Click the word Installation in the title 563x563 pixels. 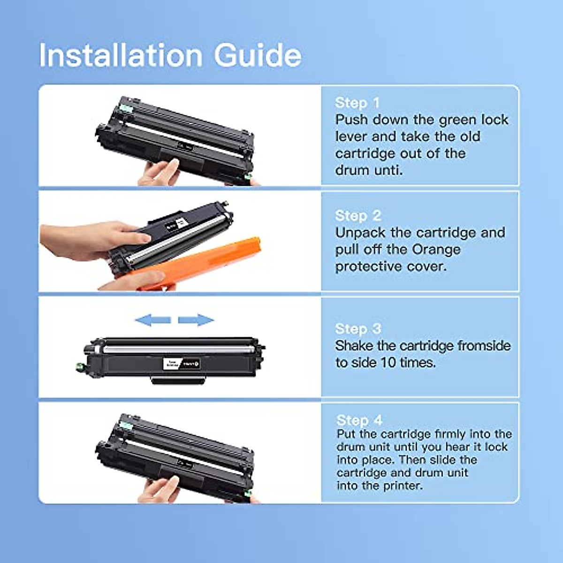point(121,55)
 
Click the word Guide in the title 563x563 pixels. point(258,55)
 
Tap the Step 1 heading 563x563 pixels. point(357,103)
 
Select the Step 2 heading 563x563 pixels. point(358,215)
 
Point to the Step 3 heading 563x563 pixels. point(358,328)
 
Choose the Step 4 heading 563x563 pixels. point(359,420)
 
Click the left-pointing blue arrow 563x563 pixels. point(152,320)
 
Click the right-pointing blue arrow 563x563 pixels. point(196,320)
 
